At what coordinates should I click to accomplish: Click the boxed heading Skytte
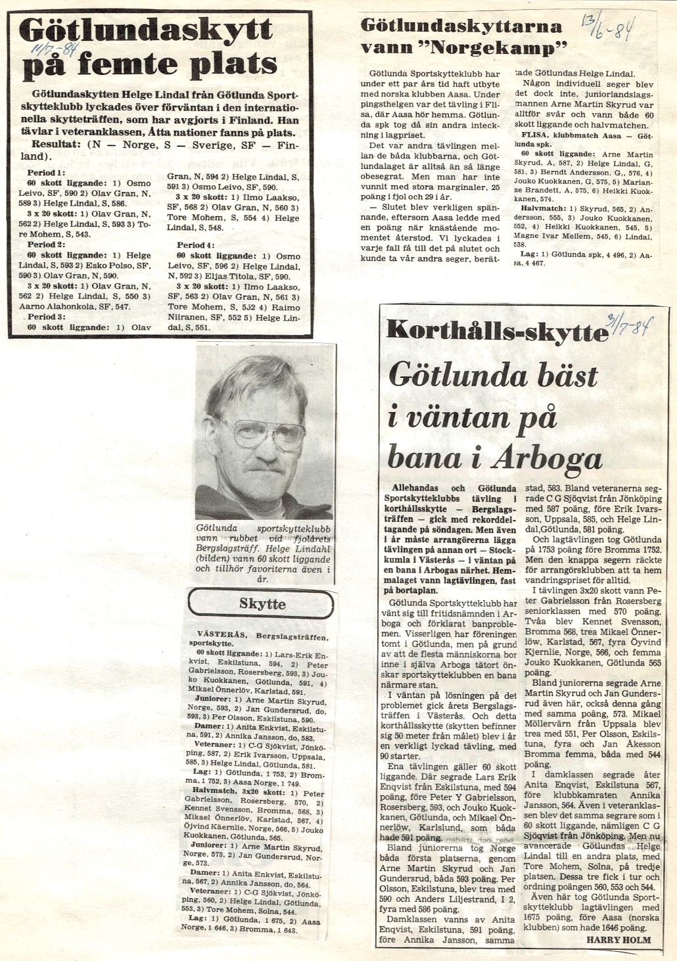pyautogui.click(x=262, y=603)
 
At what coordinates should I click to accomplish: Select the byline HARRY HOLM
pyautogui.click(x=619, y=939)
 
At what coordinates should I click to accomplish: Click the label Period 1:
pyautogui.click(x=46, y=172)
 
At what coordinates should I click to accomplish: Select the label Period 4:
pyautogui.click(x=195, y=245)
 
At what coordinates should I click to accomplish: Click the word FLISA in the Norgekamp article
pyautogui.click(x=528, y=135)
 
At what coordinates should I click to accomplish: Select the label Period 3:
pyautogui.click(x=46, y=317)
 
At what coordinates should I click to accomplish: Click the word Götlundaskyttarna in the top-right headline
pyautogui.click(x=461, y=26)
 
